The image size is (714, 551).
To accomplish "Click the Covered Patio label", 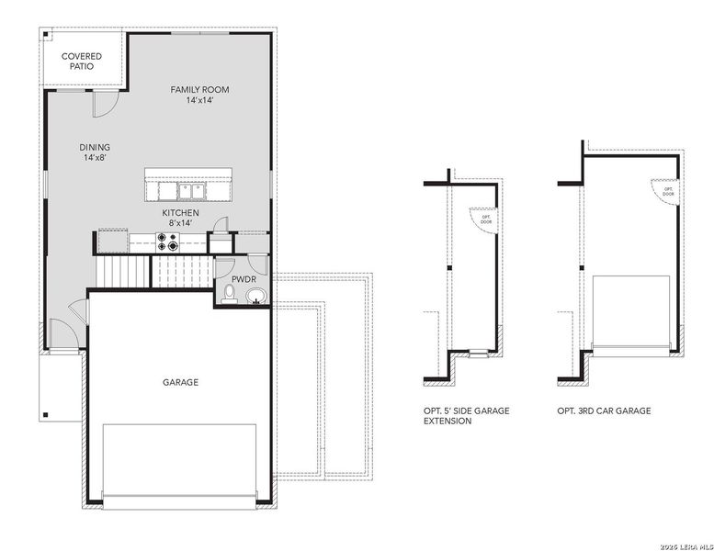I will (x=82, y=61).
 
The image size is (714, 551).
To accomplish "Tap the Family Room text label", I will (x=199, y=89).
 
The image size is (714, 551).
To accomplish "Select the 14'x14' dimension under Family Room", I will (x=199, y=100).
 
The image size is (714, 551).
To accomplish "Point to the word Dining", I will (x=95, y=147).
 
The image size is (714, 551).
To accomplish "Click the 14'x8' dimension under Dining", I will (x=95, y=158).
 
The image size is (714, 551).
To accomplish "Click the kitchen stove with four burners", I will (x=168, y=242).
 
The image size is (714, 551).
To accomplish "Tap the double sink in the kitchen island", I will (x=191, y=191).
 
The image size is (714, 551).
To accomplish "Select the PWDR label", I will (x=244, y=279).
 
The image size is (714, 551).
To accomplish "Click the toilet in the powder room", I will (x=229, y=294).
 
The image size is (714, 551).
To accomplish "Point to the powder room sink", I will (x=255, y=296).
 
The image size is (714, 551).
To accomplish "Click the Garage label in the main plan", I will (x=180, y=382).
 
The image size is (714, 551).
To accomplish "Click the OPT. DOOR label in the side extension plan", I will (x=486, y=219).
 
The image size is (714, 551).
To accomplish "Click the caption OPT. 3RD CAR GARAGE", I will (x=604, y=410).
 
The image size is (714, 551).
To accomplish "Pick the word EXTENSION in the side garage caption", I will (x=448, y=422).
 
